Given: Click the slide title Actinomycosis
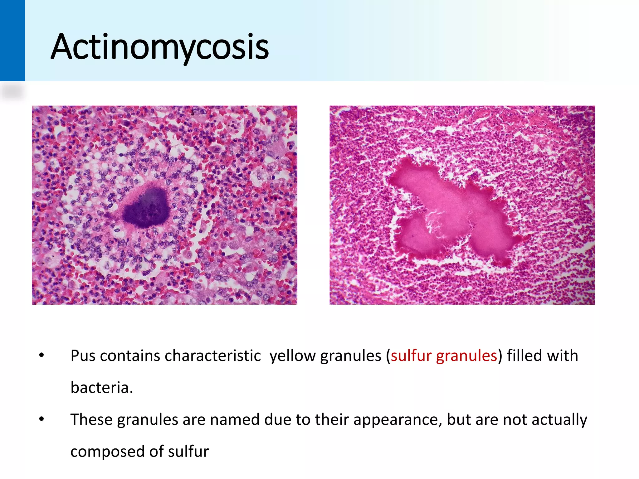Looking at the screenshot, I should click(160, 47).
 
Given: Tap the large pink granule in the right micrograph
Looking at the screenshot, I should click(449, 212).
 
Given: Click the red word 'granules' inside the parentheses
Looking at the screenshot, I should click(466, 356).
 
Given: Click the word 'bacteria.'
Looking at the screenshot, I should click(102, 388).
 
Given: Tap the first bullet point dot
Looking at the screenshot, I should click(41, 356).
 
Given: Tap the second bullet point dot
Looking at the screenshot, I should click(41, 419).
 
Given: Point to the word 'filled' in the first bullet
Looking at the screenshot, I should click(524, 356).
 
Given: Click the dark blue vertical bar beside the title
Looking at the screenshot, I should click(12, 41).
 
